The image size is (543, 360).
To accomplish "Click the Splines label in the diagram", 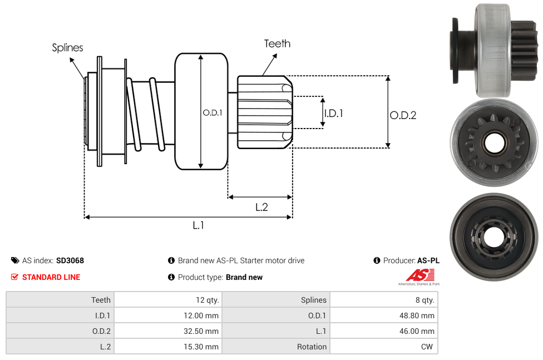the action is pyautogui.click(x=67, y=48).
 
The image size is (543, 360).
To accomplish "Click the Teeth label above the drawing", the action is pyautogui.click(x=278, y=43).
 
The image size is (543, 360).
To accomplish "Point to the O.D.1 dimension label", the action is pyautogui.click(x=213, y=112).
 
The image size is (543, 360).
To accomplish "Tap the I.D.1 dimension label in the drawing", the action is pyautogui.click(x=333, y=114).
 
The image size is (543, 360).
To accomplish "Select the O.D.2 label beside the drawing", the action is pyautogui.click(x=403, y=115).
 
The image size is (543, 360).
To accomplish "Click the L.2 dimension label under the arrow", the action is pyautogui.click(x=261, y=207).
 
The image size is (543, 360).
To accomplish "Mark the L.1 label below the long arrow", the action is pyautogui.click(x=198, y=225).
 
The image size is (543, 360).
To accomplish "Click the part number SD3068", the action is pyautogui.click(x=70, y=260).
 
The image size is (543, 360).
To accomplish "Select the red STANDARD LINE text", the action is pyautogui.click(x=51, y=277).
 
